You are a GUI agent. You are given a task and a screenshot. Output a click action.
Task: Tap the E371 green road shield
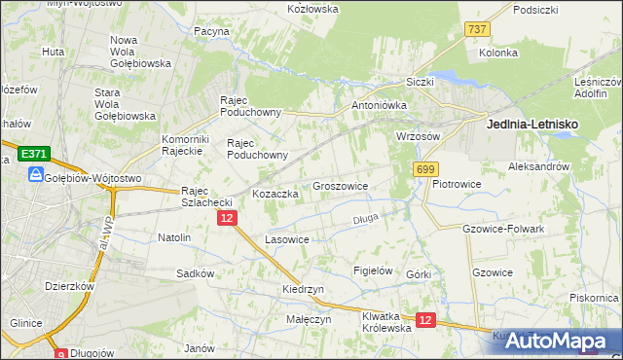click(x=33, y=154)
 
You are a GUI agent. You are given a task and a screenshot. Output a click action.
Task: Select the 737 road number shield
click(x=477, y=30)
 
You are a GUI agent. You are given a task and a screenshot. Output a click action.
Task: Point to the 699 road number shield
click(x=425, y=169)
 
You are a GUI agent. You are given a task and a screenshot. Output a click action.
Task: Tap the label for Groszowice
click(x=340, y=185)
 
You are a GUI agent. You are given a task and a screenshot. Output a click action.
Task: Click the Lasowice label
click(x=287, y=238)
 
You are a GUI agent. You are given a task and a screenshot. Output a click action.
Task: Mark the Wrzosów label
click(x=419, y=136)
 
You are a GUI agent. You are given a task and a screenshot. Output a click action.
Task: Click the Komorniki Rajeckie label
click(x=181, y=145)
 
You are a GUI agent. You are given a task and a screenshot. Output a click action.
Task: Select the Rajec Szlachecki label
click(x=206, y=197)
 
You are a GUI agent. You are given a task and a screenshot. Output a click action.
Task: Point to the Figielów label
click(x=373, y=270)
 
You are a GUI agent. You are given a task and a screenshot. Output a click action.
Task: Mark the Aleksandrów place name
click(x=538, y=167)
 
